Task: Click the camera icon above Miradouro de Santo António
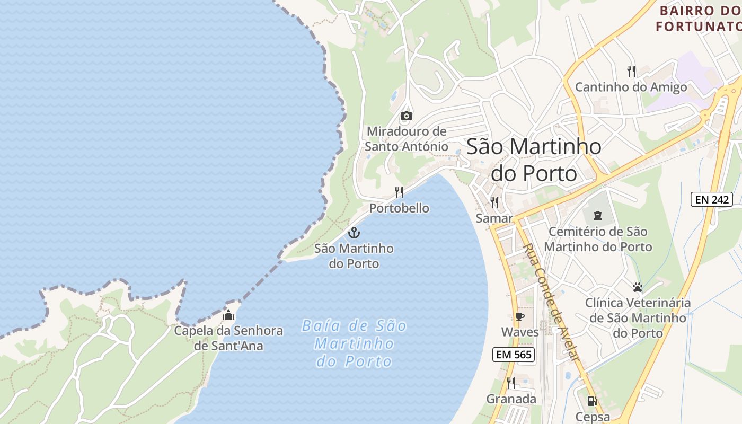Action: (x=407, y=116)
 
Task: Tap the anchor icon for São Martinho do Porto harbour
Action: (x=354, y=233)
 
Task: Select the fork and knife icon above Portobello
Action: (x=399, y=192)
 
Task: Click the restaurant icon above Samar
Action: (x=494, y=202)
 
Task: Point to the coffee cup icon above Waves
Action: (x=519, y=317)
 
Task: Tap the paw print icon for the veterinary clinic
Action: (x=638, y=287)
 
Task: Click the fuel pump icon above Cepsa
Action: (x=593, y=401)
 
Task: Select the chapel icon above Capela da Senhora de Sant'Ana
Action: (x=228, y=315)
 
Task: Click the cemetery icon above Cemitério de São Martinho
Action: (x=598, y=216)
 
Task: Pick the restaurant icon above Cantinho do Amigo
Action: (x=631, y=71)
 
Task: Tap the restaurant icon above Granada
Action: (x=511, y=383)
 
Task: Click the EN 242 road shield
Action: (x=712, y=200)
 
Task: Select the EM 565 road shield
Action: (x=513, y=355)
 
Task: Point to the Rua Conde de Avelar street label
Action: (x=551, y=303)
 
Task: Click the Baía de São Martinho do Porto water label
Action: (x=354, y=343)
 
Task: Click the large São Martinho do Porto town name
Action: (x=534, y=160)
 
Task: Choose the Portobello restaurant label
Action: (x=399, y=208)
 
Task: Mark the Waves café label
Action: (x=520, y=332)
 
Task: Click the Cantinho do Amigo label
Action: (x=631, y=87)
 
